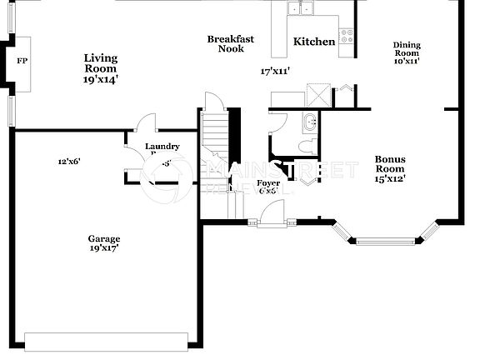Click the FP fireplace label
pyautogui.click(x=22, y=62)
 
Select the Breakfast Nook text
pyautogui.click(x=231, y=43)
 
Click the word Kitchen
pyautogui.click(x=314, y=42)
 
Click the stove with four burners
pyautogui.click(x=346, y=36)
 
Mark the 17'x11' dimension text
pyautogui.click(x=276, y=72)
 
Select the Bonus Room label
pyautogui.click(x=389, y=164)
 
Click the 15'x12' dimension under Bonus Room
pyautogui.click(x=389, y=178)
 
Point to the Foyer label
pyautogui.click(x=268, y=182)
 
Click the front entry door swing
pyautogui.click(x=270, y=215)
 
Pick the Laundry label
pyautogui.click(x=162, y=147)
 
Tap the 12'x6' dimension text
pyautogui.click(x=68, y=161)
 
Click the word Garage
pyautogui.click(x=104, y=238)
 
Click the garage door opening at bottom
pyautogui.click(x=106, y=342)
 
